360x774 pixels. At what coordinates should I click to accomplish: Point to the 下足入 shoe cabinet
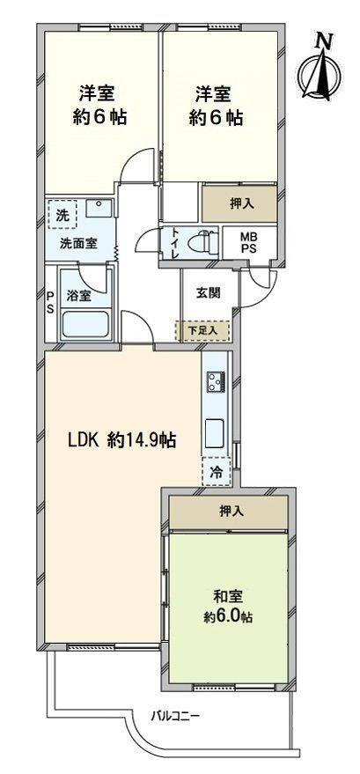click(x=208, y=331)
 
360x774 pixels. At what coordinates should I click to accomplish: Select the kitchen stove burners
click(x=216, y=382)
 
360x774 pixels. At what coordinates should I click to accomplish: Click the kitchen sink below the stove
click(x=216, y=433)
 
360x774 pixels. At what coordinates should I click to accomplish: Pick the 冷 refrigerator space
click(x=216, y=473)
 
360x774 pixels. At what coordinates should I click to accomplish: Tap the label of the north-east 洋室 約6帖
click(x=215, y=104)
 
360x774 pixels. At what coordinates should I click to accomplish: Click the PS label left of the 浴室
click(x=50, y=302)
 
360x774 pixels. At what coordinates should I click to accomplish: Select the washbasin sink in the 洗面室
click(x=101, y=210)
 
